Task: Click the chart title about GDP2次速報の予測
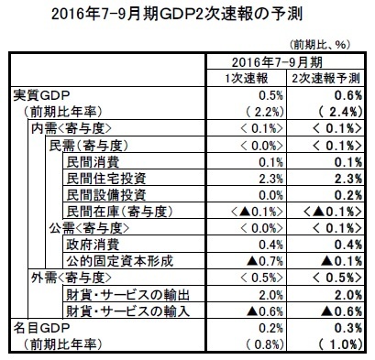(x=186, y=15)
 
